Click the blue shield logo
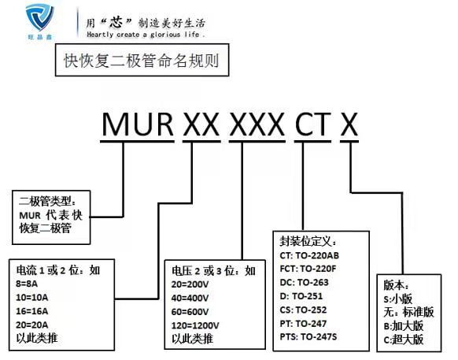tap(39, 18)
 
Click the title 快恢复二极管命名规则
tap(142, 61)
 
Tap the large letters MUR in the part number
tap(137, 124)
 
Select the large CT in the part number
tap(312, 124)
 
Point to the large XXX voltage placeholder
tap(257, 124)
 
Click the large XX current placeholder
tap(201, 124)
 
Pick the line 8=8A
tap(27, 284)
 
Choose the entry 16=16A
tap(32, 311)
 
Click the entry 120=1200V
tap(195, 325)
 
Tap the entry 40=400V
tap(190, 298)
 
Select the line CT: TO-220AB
tap(309, 255)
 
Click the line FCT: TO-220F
tap(308, 269)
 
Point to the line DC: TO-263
tap(304, 282)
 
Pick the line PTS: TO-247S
tap(308, 337)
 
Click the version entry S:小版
tap(398, 299)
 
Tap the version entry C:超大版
tap(404, 340)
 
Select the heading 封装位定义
tap(308, 242)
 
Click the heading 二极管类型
tap(48, 201)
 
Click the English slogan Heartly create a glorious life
tap(146, 35)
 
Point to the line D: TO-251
tap(301, 296)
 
